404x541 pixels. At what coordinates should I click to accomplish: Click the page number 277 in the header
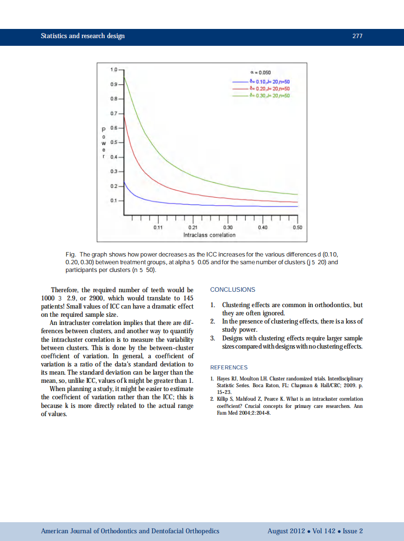point(357,36)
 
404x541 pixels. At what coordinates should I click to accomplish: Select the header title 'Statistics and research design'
point(82,36)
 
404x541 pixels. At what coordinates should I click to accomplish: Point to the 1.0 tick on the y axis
point(114,70)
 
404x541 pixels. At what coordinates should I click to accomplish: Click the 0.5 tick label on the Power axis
point(114,142)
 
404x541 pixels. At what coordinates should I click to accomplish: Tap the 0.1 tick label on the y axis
point(114,200)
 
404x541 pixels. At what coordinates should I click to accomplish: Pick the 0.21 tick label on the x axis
point(193,227)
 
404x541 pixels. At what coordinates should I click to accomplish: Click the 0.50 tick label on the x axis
point(297,227)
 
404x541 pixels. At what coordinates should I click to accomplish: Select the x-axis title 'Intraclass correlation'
point(209,235)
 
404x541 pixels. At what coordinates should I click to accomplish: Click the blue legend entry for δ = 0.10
point(269,82)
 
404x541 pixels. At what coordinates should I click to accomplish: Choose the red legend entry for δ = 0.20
point(269,89)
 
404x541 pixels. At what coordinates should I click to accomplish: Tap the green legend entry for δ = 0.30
point(269,95)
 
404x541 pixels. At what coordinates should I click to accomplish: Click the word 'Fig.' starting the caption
point(71,254)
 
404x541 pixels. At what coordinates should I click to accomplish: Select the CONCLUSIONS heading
point(233,290)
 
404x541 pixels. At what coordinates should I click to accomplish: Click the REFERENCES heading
point(229,367)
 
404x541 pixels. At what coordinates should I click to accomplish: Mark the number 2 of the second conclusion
point(213,321)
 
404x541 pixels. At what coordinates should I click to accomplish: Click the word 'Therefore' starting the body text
point(65,290)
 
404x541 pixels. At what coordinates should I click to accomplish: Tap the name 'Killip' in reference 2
point(224,399)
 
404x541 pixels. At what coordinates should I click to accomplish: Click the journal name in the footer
point(130,531)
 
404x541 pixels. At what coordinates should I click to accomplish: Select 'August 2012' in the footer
point(286,531)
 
